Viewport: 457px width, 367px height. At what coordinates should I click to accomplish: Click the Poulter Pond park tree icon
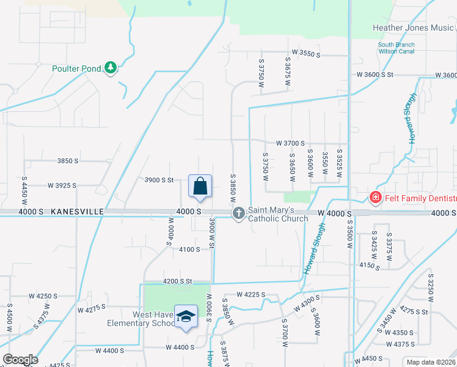coord(111,68)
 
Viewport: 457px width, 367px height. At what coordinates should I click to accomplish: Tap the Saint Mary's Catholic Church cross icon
coord(238,213)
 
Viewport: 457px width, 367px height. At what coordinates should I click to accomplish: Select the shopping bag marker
coord(200,186)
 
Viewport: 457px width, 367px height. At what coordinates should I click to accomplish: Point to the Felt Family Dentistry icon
coord(375,198)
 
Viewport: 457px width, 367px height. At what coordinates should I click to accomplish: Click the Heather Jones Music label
coord(413,28)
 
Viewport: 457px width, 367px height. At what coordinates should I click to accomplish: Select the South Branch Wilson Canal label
coord(396,48)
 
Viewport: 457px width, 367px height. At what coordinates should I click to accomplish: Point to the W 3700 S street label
coord(290,143)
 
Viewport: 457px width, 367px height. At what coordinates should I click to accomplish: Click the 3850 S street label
coord(68,161)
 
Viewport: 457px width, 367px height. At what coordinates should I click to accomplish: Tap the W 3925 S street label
coord(62,185)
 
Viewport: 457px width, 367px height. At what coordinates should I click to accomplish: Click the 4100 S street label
coord(190,249)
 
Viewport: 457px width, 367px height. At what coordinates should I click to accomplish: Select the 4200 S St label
coord(177,281)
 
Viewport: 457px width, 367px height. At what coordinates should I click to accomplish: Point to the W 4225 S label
coord(250,294)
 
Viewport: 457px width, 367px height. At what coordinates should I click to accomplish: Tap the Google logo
coord(20,360)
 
